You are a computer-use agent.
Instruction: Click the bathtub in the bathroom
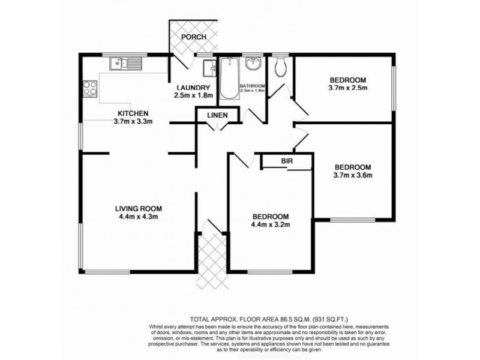point(227,81)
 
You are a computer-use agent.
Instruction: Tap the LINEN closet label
point(217,115)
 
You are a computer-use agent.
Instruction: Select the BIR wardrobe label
point(286,160)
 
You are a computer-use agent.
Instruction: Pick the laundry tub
point(208,68)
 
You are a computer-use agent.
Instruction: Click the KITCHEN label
point(133,113)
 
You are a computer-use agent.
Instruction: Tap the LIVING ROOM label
point(139,208)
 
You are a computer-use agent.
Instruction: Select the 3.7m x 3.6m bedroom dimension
point(353,176)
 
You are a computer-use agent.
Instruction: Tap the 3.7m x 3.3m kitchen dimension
point(133,122)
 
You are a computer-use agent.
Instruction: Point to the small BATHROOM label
point(252,86)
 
